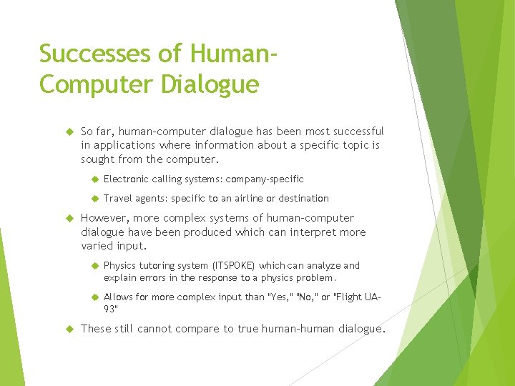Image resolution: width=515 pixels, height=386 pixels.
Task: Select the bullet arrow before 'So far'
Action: click(69, 132)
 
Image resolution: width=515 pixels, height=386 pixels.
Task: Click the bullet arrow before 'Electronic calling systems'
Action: click(93, 179)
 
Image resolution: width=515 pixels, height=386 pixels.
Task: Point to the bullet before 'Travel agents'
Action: click(93, 199)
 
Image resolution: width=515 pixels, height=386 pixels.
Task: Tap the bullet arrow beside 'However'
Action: click(69, 219)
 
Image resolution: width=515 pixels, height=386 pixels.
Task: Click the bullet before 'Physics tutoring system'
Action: click(93, 266)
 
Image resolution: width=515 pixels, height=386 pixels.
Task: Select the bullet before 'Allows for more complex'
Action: click(93, 297)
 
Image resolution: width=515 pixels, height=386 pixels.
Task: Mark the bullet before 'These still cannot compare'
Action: click(69, 330)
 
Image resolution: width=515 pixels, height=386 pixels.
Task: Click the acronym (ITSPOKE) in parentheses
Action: click(230, 265)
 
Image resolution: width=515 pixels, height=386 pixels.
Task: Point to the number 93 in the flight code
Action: click(110, 310)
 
